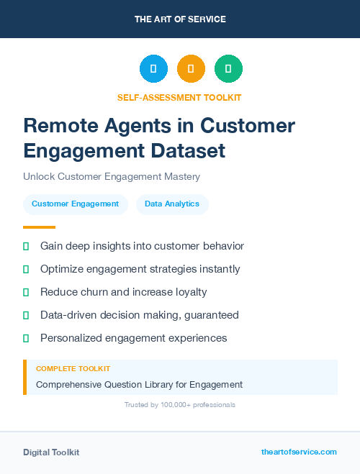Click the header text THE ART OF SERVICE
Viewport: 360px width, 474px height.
180,19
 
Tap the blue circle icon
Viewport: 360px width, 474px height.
153,69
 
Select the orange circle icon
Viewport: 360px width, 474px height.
191,69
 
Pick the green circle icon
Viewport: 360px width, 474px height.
228,69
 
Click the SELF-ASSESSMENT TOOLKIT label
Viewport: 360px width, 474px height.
180,97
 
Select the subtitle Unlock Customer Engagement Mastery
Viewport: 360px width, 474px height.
111,176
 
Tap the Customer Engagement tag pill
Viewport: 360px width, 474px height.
75,204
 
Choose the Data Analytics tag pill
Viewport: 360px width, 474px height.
172,204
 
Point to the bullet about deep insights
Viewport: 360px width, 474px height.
142,246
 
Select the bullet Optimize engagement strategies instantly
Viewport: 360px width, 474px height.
140,269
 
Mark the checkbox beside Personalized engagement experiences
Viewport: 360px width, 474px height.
26,338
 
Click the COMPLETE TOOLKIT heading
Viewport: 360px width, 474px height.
73,368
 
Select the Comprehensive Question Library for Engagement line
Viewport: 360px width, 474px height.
139,385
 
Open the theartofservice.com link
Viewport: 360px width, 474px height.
299,452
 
